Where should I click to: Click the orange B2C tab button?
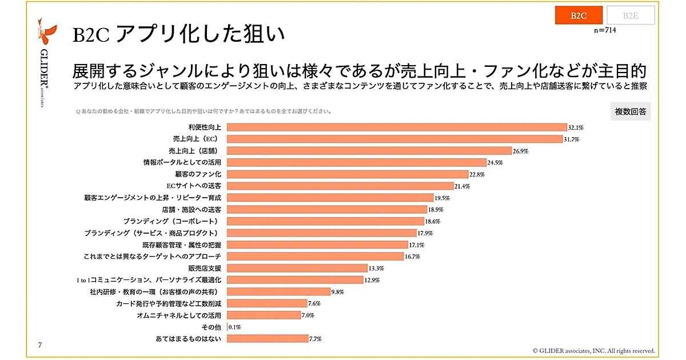(x=578, y=15)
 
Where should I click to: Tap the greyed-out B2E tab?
(x=631, y=15)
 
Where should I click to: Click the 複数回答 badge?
(x=631, y=112)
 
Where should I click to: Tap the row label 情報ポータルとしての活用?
(x=182, y=162)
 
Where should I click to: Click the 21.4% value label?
(x=461, y=186)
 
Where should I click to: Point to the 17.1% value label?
(x=416, y=245)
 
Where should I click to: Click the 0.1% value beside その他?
(x=235, y=327)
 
